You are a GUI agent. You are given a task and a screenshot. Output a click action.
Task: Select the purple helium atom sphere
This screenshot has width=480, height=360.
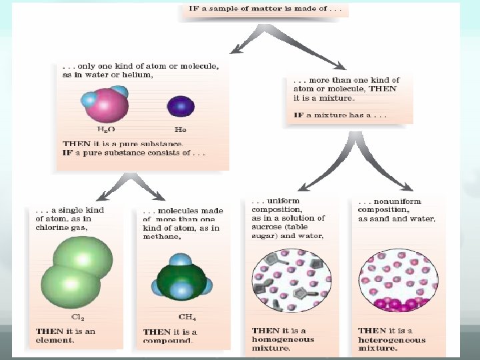180,105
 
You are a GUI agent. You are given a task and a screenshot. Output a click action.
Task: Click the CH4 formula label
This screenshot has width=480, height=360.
187,317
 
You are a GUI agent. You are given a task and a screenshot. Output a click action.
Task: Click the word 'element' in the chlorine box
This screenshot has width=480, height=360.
55,340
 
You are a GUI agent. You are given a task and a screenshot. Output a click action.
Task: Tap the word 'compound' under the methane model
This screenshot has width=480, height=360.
169,341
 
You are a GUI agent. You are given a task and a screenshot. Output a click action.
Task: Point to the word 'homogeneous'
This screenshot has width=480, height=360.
283,339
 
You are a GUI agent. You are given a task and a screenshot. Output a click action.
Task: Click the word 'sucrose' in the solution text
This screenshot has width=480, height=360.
267,227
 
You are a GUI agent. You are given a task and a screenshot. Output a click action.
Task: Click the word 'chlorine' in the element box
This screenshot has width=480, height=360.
51,227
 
